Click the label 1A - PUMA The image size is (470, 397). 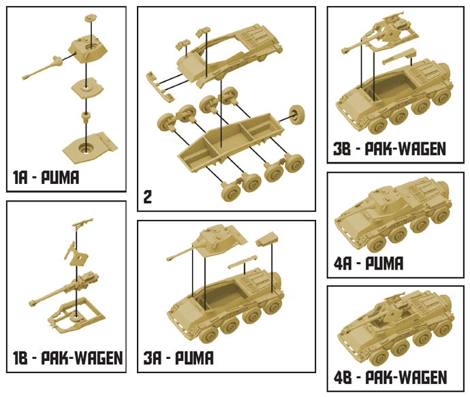pos(46,179)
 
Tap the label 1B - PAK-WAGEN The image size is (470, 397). pos(67,358)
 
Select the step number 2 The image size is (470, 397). pos(147,197)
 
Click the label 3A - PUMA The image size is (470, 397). pos(178,358)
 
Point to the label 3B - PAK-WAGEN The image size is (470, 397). pos(390,149)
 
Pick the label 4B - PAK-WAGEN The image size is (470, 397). pos(390,377)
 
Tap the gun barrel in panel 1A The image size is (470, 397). pos(45,67)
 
